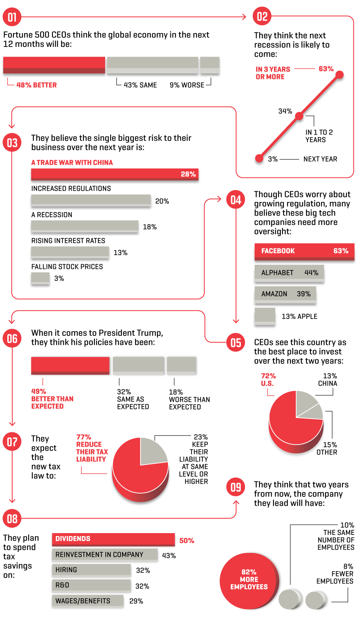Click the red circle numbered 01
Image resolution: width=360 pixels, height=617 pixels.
(12, 17)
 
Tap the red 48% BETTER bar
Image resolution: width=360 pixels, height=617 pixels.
(54, 65)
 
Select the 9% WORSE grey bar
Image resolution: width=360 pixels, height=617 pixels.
(210, 65)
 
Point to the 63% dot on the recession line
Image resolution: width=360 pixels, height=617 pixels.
(339, 75)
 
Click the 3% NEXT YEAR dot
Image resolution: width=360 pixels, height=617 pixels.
(259, 158)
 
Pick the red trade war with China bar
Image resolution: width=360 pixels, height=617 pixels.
(114, 174)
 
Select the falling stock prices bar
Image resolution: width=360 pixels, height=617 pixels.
(40, 278)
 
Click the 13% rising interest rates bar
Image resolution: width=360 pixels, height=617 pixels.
(70, 252)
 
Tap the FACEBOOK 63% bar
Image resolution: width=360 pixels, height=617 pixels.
(304, 251)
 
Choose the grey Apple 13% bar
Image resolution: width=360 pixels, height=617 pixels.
(265, 316)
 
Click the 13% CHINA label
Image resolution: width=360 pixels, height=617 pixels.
(328, 380)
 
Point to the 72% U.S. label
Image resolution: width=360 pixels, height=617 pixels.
(268, 380)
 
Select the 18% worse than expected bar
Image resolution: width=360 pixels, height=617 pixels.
(181, 365)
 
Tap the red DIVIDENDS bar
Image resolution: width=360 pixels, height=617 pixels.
(113, 539)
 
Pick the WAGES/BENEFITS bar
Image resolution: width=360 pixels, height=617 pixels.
(88, 601)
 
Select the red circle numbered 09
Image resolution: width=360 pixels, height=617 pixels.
(235, 487)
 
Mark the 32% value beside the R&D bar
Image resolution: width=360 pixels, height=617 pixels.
(142, 586)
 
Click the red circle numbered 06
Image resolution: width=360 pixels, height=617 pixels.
(12, 339)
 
